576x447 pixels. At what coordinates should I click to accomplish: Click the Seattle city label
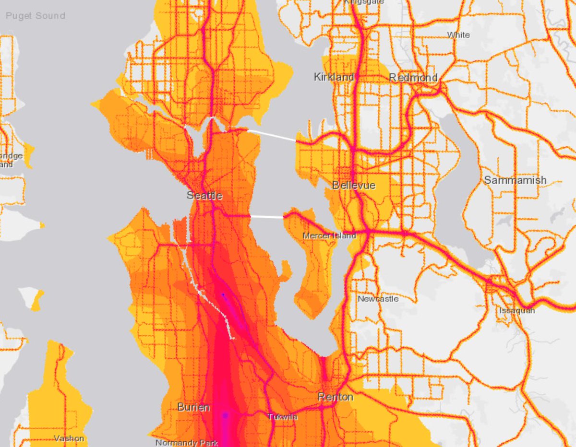click(x=204, y=196)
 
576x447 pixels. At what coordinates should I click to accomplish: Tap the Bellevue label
click(x=354, y=185)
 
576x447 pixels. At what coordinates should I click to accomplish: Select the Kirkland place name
click(x=334, y=77)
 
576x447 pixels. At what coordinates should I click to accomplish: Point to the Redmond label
click(x=413, y=78)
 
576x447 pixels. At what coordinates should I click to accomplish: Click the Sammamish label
click(x=515, y=180)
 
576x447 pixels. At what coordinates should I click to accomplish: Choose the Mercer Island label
click(x=329, y=235)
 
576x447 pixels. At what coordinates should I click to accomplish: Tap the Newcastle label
click(x=378, y=299)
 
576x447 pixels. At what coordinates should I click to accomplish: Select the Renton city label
click(x=336, y=397)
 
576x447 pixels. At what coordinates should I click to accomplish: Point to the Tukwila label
click(x=282, y=417)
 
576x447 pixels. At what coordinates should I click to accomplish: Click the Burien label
click(x=193, y=407)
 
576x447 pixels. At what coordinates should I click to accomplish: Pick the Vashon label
click(x=69, y=438)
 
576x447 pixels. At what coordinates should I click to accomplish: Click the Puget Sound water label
click(x=35, y=16)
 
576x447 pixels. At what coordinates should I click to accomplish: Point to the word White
click(x=458, y=35)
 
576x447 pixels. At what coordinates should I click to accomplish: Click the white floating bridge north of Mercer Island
click(x=267, y=217)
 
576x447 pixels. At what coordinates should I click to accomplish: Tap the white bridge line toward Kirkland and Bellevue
click(x=272, y=135)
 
